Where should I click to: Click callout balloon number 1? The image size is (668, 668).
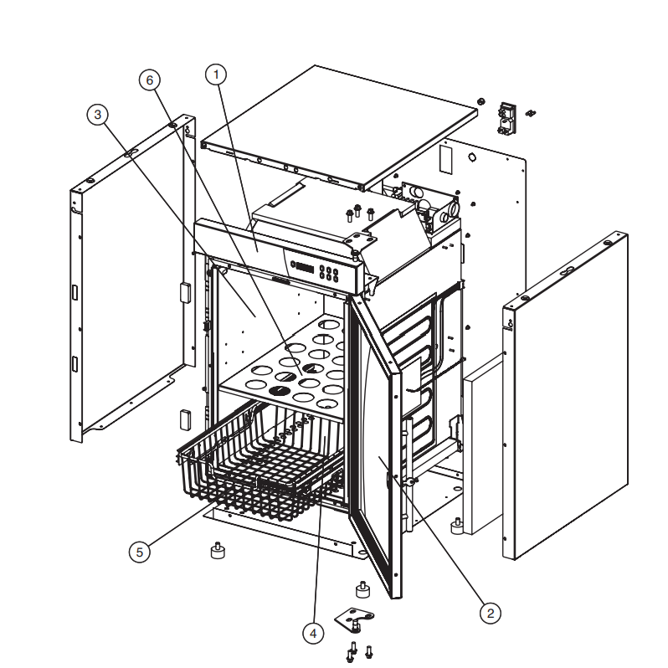tap(216, 75)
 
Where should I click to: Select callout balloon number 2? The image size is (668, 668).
tap(490, 614)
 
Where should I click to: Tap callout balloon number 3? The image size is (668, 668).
tap(98, 115)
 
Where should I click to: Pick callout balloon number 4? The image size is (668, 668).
tap(313, 634)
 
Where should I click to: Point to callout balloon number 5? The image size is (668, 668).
tap(139, 552)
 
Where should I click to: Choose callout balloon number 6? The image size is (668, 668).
tap(150, 80)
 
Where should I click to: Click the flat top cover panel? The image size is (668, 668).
tap(339, 128)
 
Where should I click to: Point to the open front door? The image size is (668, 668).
tap(375, 443)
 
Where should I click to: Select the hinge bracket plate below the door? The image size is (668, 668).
tap(352, 617)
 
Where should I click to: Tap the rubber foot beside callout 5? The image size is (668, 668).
tap(218, 551)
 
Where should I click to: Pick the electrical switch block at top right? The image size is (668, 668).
tap(507, 118)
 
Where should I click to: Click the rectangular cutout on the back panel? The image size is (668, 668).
tap(444, 159)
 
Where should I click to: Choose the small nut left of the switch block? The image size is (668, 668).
tap(480, 101)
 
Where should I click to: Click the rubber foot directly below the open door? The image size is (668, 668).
tap(362, 589)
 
